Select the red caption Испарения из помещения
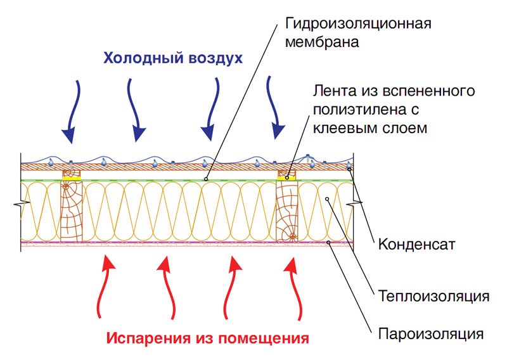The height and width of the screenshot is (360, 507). [x=208, y=337]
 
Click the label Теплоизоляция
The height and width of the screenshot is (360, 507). [x=433, y=296]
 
